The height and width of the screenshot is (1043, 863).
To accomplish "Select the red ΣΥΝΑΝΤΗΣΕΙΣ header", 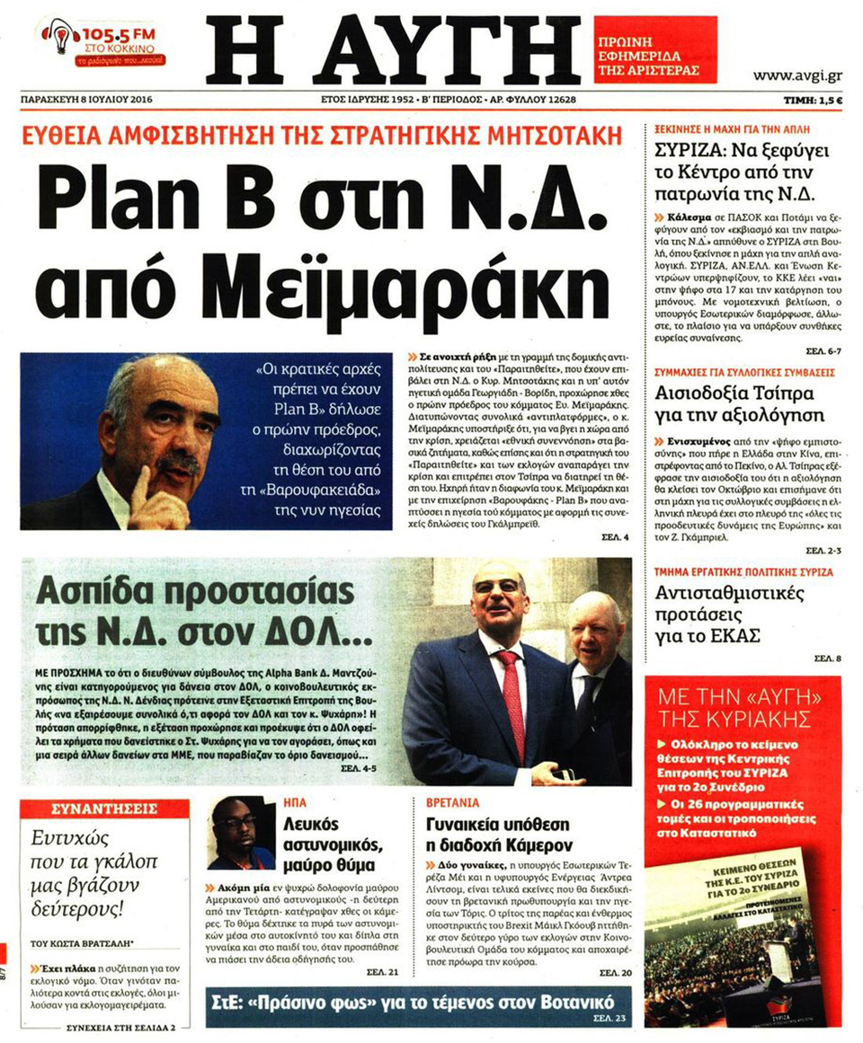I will click(x=103, y=808).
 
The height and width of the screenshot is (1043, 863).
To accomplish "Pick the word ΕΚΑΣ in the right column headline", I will click(x=740, y=635).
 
